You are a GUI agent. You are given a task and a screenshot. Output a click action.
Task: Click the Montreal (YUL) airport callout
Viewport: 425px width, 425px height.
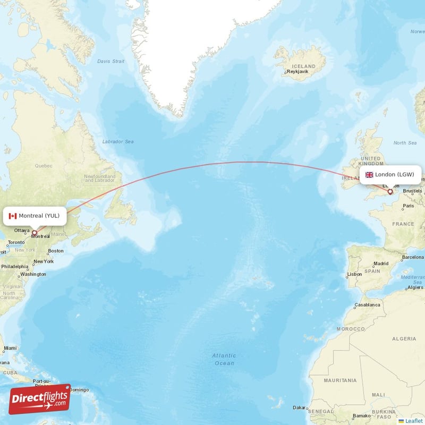click(36, 216)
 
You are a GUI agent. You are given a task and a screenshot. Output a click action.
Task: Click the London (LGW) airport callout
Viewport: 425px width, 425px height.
click(391, 174)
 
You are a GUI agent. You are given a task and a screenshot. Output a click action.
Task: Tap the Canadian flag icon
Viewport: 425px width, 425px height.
click(13, 216)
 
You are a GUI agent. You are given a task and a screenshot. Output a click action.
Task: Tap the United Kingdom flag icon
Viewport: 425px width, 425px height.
click(369, 174)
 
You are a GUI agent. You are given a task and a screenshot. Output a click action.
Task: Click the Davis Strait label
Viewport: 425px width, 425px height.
click(110, 61)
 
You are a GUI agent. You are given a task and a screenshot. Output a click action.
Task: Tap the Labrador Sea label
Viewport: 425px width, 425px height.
click(118, 142)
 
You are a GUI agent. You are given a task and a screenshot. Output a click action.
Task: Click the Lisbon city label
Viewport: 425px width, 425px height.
click(354, 274)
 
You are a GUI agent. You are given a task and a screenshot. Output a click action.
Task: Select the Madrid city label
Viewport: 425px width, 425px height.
click(381, 263)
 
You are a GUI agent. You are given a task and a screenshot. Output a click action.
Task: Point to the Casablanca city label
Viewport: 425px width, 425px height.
click(367, 305)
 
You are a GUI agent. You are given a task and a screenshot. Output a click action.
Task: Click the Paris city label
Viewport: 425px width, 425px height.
click(408, 206)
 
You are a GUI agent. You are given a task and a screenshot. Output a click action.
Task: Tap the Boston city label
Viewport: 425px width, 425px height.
click(56, 251)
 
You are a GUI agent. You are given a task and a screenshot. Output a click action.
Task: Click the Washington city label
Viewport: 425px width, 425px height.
click(33, 274)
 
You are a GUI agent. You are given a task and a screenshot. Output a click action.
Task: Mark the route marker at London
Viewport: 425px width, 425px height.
click(390, 192)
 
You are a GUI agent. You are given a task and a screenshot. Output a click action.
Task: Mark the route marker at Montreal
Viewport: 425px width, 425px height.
click(35, 232)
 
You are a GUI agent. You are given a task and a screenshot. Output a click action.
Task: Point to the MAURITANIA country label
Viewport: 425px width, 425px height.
click(341, 380)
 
